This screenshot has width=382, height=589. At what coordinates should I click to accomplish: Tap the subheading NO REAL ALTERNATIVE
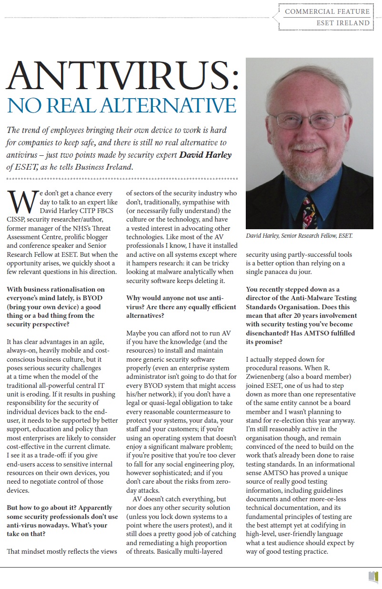tap(121, 105)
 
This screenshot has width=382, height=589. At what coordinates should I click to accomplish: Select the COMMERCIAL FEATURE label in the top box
tap(327, 11)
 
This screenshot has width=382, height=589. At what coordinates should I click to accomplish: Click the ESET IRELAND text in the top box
tap(343, 22)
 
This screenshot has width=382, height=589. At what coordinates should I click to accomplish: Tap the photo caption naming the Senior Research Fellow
tap(299, 235)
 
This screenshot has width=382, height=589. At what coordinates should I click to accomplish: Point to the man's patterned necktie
tap(309, 210)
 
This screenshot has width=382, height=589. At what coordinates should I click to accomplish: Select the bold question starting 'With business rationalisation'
tap(55, 306)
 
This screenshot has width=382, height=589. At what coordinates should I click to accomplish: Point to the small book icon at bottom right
tap(373, 577)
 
